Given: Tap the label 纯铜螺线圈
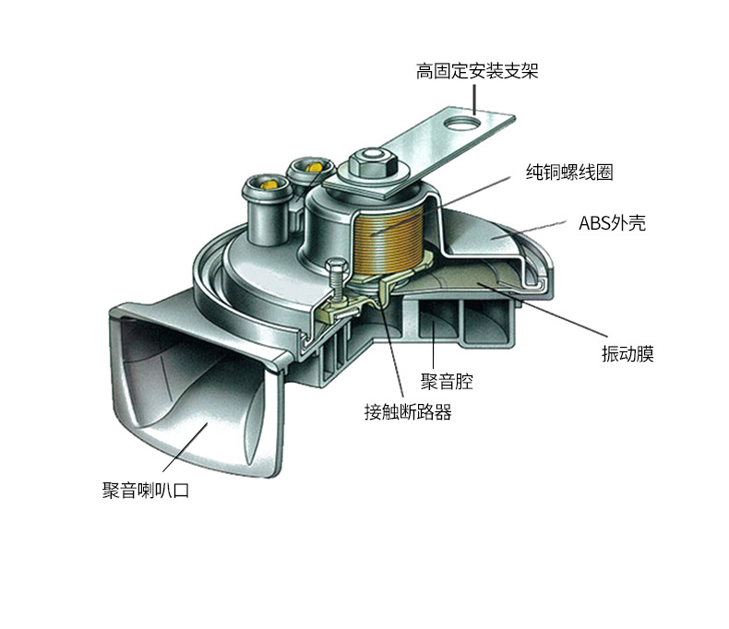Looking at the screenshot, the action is [x=569, y=172].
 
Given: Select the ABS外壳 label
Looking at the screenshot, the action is [x=612, y=223].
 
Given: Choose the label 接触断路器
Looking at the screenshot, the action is [x=408, y=412].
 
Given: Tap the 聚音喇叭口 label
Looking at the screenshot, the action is [x=146, y=490].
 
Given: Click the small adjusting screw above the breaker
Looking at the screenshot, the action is [x=336, y=276].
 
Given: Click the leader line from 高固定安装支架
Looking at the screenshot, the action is [x=473, y=99].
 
